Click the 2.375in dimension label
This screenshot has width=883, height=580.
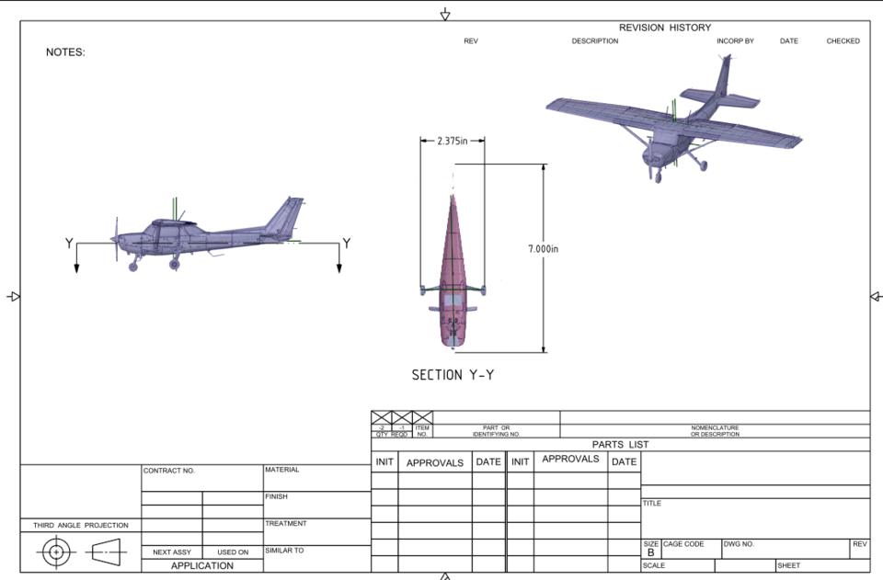click(452, 141)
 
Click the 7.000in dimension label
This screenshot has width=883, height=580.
click(544, 249)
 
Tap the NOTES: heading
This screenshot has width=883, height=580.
click(65, 52)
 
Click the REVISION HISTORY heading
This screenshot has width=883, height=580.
click(664, 28)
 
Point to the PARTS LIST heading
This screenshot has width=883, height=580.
click(620, 445)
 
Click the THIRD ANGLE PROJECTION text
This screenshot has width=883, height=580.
click(81, 526)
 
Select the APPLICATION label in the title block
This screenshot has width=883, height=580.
click(202, 566)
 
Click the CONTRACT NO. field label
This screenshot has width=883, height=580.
click(169, 471)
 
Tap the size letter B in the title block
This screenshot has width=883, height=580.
click(651, 553)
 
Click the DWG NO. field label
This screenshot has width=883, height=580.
click(739, 544)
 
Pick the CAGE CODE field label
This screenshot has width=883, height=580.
click(683, 544)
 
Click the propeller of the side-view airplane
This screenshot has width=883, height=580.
click(117, 239)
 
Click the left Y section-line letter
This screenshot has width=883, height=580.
click(69, 244)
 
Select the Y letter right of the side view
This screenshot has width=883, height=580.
click(346, 244)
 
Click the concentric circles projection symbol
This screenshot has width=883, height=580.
click(56, 552)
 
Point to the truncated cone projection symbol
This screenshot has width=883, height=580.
click(109, 552)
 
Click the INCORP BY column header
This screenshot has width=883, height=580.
click(735, 41)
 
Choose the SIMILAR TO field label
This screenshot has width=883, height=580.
click(284, 551)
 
